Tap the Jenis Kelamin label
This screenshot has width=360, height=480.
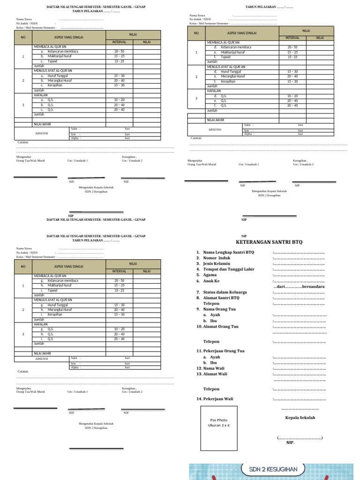[217, 264]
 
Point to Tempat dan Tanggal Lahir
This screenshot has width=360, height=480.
[229, 270]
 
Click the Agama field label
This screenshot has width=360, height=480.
[210, 275]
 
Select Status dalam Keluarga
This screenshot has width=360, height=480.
[225, 292]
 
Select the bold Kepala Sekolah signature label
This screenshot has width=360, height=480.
[300, 418]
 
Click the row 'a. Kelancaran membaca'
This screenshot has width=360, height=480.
[60, 52]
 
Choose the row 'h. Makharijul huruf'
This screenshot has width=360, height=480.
[59, 285]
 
